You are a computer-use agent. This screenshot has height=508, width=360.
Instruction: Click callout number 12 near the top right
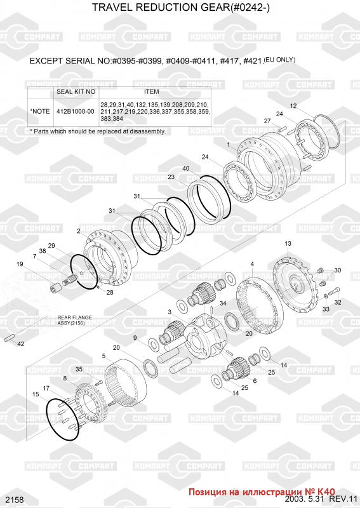293,106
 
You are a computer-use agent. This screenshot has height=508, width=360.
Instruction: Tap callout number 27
267,121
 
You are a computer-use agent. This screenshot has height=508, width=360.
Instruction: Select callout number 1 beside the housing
229,145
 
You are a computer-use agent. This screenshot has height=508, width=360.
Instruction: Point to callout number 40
186,168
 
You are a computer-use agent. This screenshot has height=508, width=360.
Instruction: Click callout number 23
171,177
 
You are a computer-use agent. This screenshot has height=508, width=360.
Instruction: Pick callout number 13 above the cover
288,243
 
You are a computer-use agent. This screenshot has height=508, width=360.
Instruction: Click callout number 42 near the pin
20,344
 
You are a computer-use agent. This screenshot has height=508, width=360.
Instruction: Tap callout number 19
20,264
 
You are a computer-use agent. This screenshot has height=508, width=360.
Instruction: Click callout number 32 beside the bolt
338,302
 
